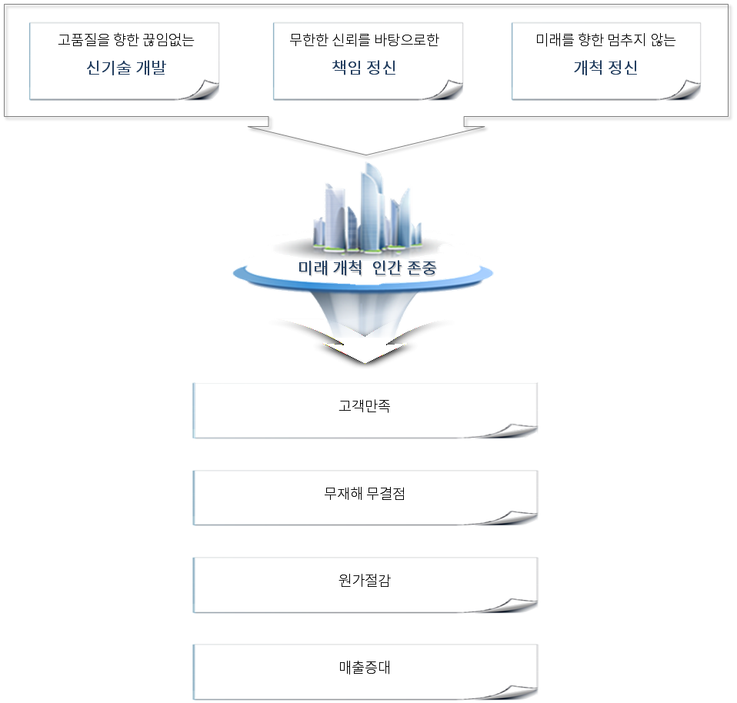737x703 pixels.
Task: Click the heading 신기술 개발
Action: click(125, 68)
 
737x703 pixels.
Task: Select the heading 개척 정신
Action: click(605, 68)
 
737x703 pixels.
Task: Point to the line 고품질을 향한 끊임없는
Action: click(125, 40)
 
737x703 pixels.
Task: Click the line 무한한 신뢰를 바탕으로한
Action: click(369, 40)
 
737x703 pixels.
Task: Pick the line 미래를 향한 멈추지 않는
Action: click(605, 40)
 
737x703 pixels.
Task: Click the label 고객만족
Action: click(365, 405)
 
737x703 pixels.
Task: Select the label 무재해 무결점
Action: click(365, 493)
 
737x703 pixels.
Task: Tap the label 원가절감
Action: click(365, 580)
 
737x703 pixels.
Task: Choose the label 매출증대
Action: click(365, 667)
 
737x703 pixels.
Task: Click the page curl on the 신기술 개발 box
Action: click(202, 90)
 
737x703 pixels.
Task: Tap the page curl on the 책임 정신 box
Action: click(445, 90)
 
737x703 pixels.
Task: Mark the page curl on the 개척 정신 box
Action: click(684, 90)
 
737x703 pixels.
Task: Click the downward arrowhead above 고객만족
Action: click(367, 355)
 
